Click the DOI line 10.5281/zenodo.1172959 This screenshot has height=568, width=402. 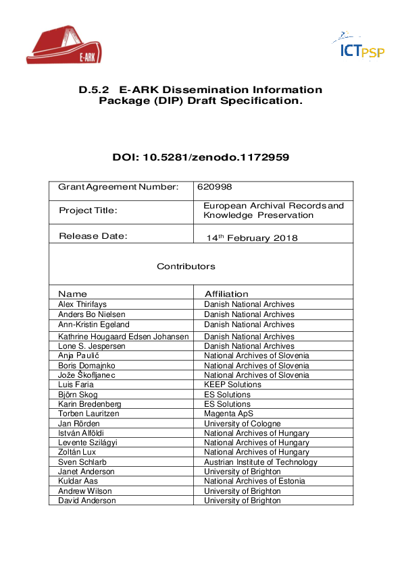pos(201,158)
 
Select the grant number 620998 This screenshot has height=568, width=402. pos(209,187)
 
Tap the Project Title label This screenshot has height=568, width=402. pos(88,210)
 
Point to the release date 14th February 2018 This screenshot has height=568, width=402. pos(251,238)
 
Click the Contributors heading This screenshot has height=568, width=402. pos(186,266)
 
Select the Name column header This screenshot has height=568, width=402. pos(72,294)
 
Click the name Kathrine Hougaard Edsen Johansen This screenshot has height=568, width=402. pos(124,337)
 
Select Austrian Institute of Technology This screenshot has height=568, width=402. pos(260,462)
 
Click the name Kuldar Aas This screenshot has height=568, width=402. pos(78,481)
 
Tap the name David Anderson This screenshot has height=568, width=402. pos(86,501)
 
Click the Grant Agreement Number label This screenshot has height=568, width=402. pos(118,187)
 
